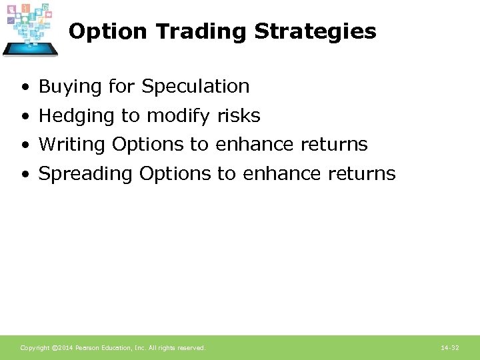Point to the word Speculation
point(195,87)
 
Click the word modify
point(179,116)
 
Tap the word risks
point(239,116)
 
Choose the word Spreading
point(86,174)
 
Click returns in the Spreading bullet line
point(362,174)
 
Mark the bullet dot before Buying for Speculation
point(25,87)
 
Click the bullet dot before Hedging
point(25,117)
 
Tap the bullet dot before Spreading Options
point(25,175)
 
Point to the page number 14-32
point(449,348)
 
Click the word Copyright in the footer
point(35,348)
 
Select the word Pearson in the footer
point(89,348)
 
